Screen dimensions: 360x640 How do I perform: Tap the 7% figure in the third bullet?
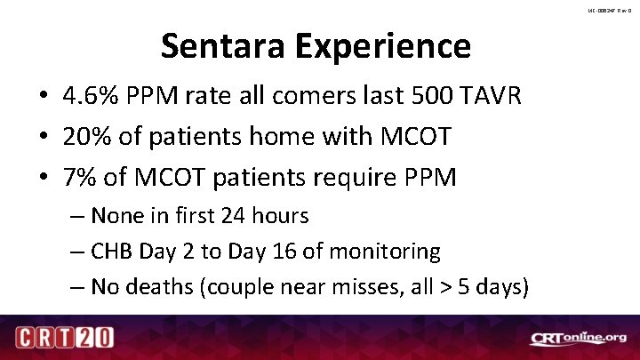click(82, 177)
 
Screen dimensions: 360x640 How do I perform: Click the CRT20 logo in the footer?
click(65, 339)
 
